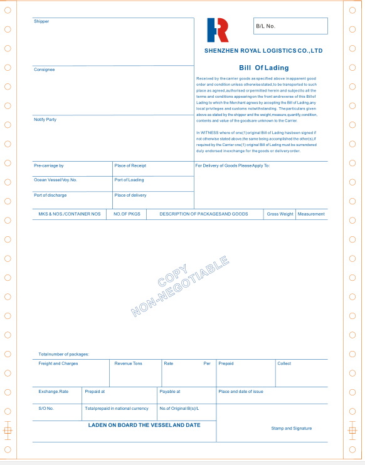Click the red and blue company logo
[x=218, y=29]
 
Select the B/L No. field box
[x=290, y=26]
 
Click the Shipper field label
[x=41, y=21]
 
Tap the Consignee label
[x=45, y=70]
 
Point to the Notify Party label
[x=45, y=119]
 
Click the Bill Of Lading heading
[x=263, y=67]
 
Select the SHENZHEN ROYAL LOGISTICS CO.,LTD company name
[x=263, y=50]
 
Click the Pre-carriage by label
[x=49, y=165]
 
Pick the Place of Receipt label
[x=130, y=165]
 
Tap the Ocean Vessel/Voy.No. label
[x=55, y=180]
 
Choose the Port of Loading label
[x=129, y=180]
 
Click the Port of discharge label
[x=50, y=195]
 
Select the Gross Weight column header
[x=280, y=214]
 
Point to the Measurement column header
[x=312, y=214]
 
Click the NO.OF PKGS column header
[x=126, y=214]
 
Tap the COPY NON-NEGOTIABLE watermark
[x=179, y=286]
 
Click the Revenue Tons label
[x=128, y=363]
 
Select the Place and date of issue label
[x=241, y=392]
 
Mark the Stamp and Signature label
[x=291, y=429]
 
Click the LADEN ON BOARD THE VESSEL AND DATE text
[x=144, y=425]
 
